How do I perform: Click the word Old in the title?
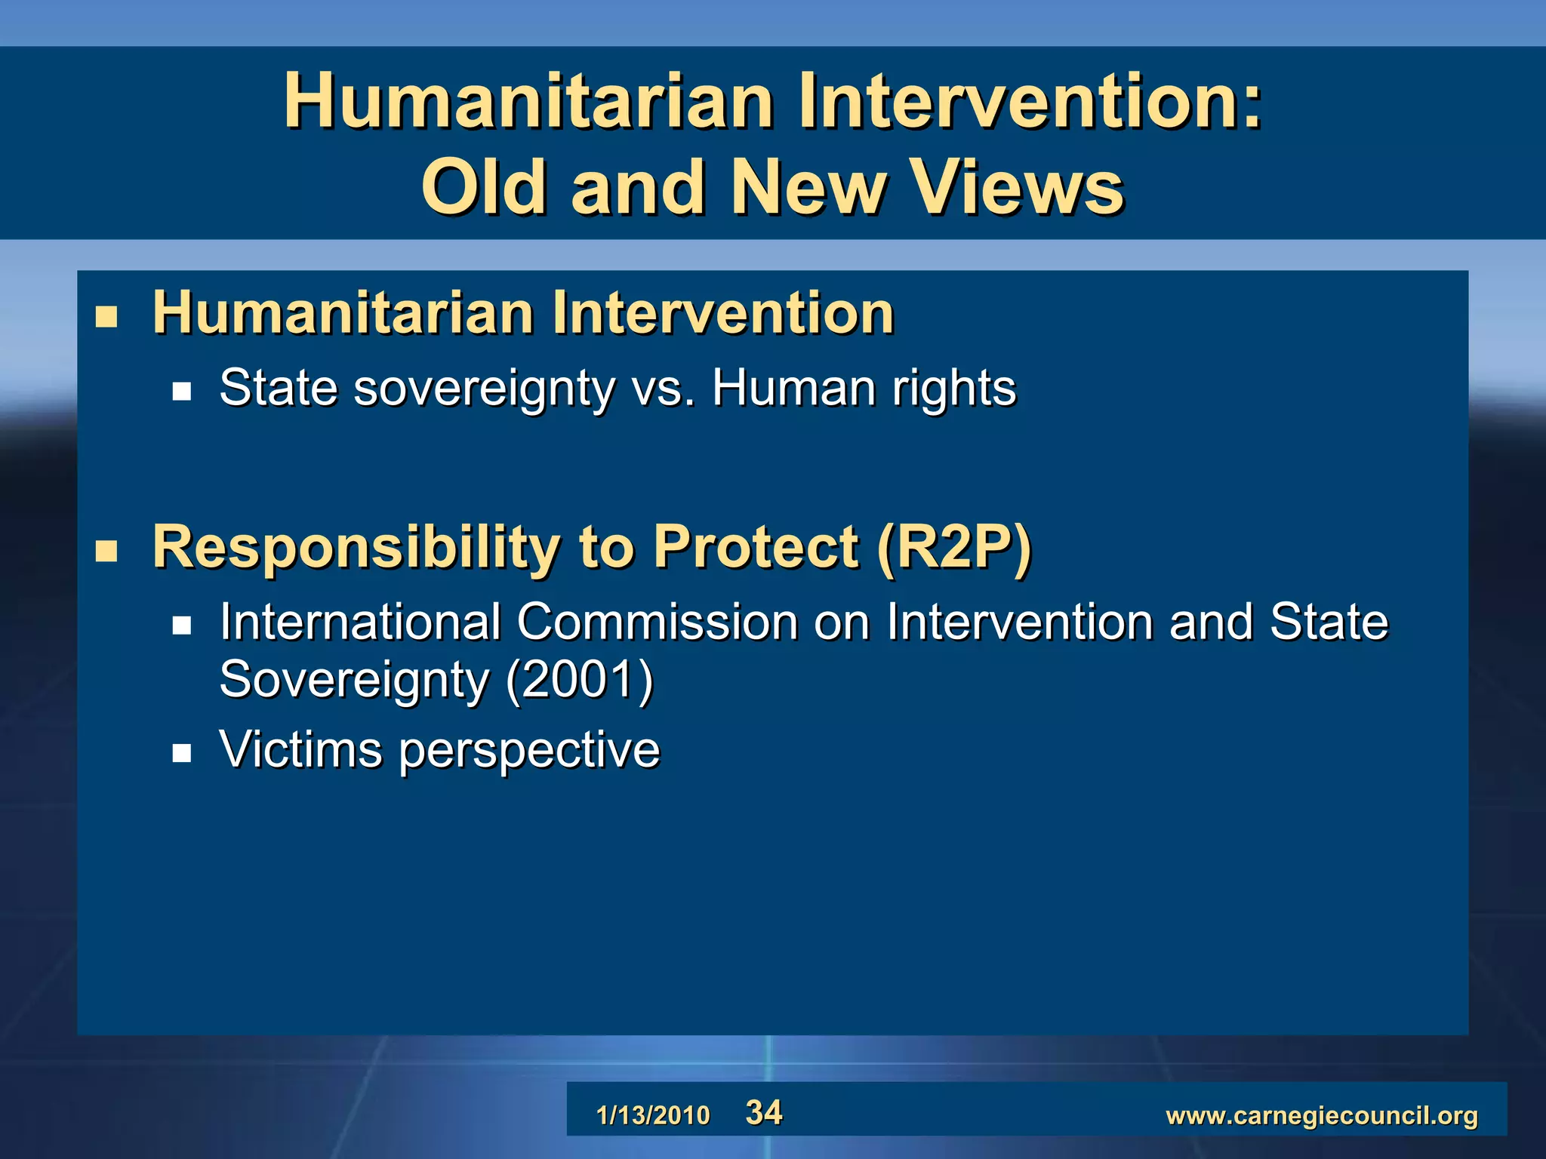[483, 187]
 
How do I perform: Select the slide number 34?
[763, 1112]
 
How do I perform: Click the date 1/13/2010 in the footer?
[653, 1115]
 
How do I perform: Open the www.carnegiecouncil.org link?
[1321, 1115]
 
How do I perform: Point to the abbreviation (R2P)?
[954, 546]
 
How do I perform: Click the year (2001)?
[579, 679]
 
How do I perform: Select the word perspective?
[529, 752]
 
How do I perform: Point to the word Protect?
[756, 546]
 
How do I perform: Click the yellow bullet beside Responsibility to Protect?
[106, 551]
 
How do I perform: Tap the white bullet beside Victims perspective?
[182, 753]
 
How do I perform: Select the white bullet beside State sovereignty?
[182, 391]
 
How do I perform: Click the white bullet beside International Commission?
[182, 625]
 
